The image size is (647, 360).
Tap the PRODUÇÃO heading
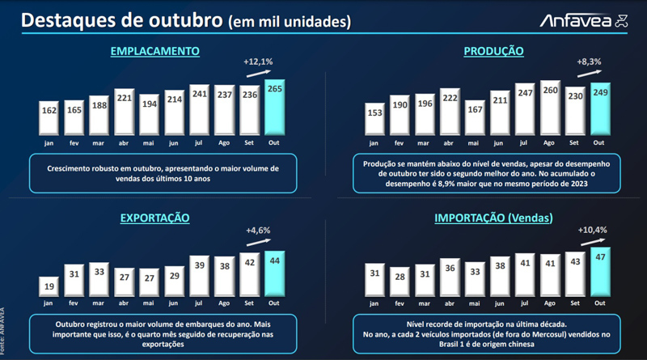pyautogui.click(x=493, y=52)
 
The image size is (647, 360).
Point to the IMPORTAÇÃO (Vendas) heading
pyautogui.click(x=493, y=218)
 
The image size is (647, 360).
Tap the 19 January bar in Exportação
pyautogui.click(x=49, y=286)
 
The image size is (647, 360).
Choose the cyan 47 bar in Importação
pyautogui.click(x=599, y=271)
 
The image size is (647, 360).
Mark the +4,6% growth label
pyautogui.click(x=259, y=231)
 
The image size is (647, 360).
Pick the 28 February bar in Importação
pyautogui.click(x=399, y=281)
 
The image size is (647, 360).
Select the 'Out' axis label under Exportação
pyautogui.click(x=275, y=303)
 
